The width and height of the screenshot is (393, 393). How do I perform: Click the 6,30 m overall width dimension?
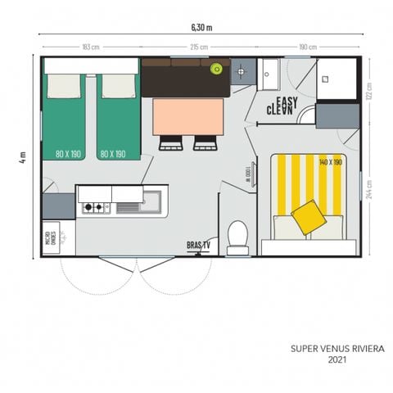point(200,26)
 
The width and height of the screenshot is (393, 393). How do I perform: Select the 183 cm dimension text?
point(91,47)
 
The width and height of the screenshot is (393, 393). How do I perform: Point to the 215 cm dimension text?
point(199,47)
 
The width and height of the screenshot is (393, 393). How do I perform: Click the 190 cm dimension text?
point(308,47)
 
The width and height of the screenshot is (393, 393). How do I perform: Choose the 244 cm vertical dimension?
point(369,190)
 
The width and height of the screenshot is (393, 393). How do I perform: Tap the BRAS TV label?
point(197,244)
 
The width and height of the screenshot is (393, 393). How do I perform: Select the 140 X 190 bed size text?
point(332,162)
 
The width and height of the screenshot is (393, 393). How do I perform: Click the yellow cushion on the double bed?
point(307,216)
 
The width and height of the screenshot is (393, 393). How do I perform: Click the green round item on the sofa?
point(216,69)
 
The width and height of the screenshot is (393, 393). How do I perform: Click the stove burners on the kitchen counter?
point(93,208)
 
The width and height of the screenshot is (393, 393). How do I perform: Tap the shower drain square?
point(325,79)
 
